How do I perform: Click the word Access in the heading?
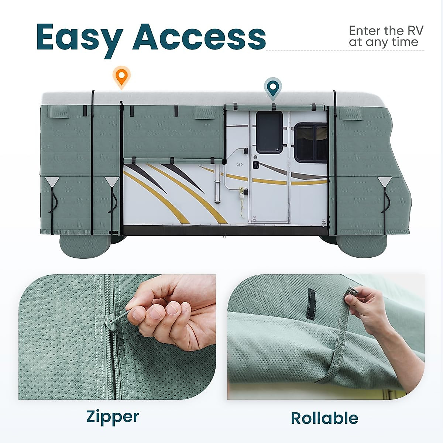tap(199, 37)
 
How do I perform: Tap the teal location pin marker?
tap(272, 88)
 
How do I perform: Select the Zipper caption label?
tap(113, 416)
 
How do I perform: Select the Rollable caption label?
tap(324, 418)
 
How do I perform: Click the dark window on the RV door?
tap(269, 132)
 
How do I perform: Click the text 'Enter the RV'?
tap(386, 30)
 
